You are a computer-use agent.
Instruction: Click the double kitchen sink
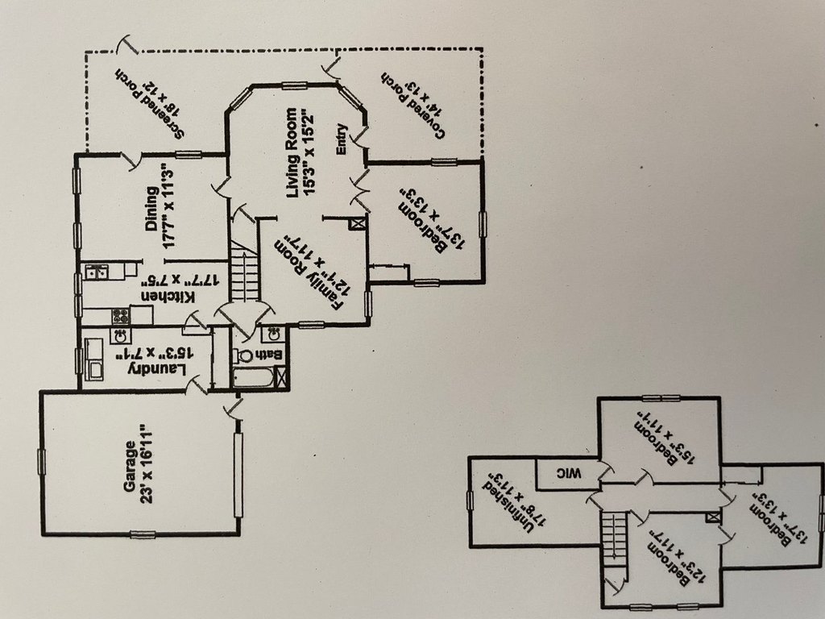coord(98,272)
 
